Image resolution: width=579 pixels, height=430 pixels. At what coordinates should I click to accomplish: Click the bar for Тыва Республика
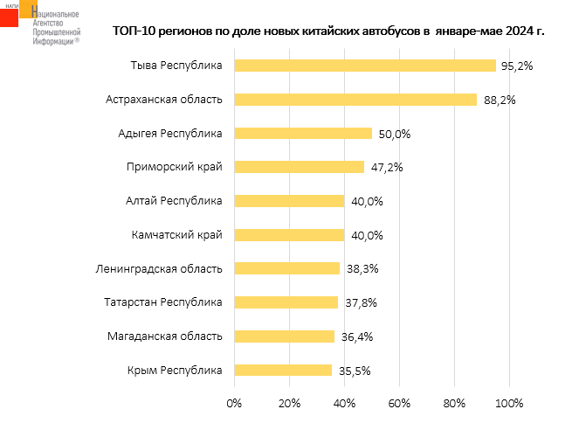pyautogui.click(x=365, y=66)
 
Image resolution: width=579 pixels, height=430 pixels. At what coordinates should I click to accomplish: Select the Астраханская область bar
pyautogui.click(x=355, y=100)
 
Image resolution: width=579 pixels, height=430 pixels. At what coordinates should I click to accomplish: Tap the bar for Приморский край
pyautogui.click(x=299, y=167)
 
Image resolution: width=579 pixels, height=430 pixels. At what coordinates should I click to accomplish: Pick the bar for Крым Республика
pyautogui.click(x=283, y=370)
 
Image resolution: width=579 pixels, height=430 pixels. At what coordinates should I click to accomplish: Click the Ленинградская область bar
pyautogui.click(x=286, y=268)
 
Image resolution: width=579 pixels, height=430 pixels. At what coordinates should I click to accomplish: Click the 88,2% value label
pyautogui.click(x=500, y=100)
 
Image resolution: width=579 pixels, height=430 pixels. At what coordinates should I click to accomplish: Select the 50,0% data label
pyautogui.click(x=393, y=134)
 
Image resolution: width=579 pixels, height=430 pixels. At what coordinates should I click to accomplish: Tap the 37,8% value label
pyautogui.click(x=359, y=302)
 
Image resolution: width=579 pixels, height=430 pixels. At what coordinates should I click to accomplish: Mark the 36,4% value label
pyautogui.click(x=355, y=336)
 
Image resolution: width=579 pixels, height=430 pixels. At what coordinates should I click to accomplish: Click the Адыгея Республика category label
pyautogui.click(x=170, y=133)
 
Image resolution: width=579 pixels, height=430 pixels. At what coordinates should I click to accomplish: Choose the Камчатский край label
pyautogui.click(x=177, y=234)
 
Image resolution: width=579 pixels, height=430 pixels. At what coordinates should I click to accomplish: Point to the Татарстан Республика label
pyautogui.click(x=164, y=302)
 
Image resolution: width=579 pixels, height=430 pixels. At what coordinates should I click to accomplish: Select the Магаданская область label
pyautogui.click(x=165, y=336)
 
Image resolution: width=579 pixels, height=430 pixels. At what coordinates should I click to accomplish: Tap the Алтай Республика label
pyautogui.click(x=175, y=201)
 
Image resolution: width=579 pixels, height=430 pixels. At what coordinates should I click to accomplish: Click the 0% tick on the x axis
pyautogui.click(x=234, y=403)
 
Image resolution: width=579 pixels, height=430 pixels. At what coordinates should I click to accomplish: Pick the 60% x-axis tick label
pyautogui.click(x=399, y=403)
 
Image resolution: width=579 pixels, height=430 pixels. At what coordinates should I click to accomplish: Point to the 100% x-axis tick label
pyautogui.click(x=508, y=403)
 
